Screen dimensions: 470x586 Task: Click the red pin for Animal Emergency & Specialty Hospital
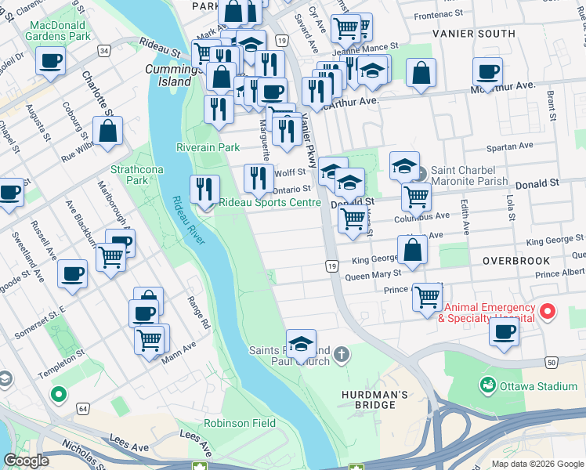click(548, 313)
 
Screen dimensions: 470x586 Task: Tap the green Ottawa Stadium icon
click(488, 385)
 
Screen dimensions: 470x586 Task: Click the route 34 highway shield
click(103, 50)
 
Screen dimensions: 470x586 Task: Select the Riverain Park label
click(208, 147)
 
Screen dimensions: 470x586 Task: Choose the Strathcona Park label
click(129, 174)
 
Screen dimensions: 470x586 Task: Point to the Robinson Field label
click(240, 423)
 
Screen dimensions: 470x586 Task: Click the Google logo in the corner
click(26, 461)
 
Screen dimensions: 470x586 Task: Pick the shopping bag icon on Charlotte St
click(108, 131)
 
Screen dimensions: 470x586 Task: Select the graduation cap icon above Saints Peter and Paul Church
click(301, 343)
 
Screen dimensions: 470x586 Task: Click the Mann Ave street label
click(179, 352)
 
